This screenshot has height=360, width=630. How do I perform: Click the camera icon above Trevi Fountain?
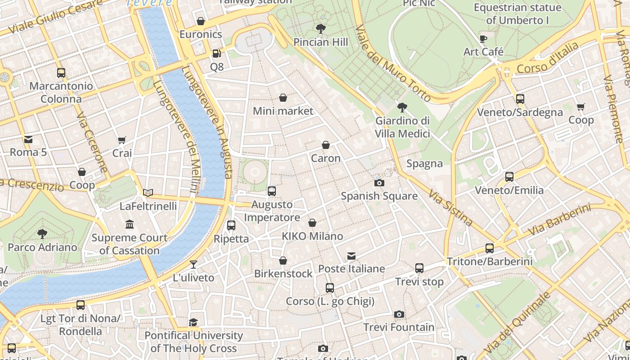(399, 314)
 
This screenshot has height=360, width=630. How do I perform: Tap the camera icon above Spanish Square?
(379, 183)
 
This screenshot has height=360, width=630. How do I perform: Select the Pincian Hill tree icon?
(321, 29)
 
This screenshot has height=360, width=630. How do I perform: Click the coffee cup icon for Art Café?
(483, 39)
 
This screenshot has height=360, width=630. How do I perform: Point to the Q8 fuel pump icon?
(216, 54)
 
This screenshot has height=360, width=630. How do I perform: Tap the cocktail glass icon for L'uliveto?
(193, 265)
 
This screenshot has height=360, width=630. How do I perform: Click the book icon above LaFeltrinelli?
(148, 193)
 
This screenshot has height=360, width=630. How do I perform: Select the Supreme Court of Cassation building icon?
(130, 224)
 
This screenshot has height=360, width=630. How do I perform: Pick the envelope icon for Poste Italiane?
(351, 256)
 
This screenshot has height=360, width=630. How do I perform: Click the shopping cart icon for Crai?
(122, 140)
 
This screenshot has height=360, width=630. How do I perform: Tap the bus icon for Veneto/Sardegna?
(520, 99)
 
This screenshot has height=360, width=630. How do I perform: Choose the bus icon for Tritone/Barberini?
(490, 248)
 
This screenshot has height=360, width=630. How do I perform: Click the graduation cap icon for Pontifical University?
(193, 322)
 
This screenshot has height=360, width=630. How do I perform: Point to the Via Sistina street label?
(450, 207)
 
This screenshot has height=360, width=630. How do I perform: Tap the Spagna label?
(424, 163)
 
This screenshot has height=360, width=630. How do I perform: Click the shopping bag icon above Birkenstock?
(283, 261)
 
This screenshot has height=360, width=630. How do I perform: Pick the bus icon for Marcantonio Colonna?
(61, 73)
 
